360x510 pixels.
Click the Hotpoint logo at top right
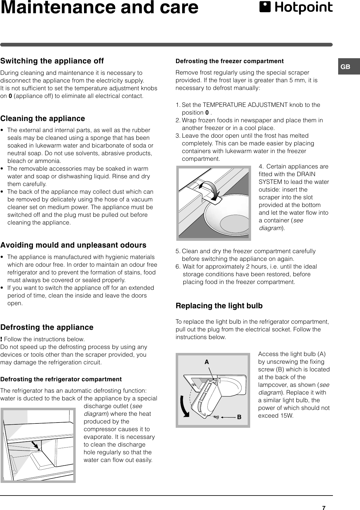click(x=296, y=8)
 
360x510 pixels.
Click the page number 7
click(x=324, y=505)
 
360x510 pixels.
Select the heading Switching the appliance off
click(x=52, y=61)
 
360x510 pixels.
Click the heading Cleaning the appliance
click(x=43, y=119)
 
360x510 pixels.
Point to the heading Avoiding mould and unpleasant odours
click(x=73, y=245)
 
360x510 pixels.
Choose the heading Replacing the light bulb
click(x=219, y=306)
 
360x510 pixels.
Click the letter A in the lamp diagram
click(x=207, y=362)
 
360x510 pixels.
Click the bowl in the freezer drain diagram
click(x=229, y=216)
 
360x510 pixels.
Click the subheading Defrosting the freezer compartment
click(x=229, y=61)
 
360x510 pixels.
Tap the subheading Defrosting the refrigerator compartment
click(x=61, y=379)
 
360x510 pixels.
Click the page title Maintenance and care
click(x=99, y=8)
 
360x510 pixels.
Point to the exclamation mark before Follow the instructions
click(x=2, y=339)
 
